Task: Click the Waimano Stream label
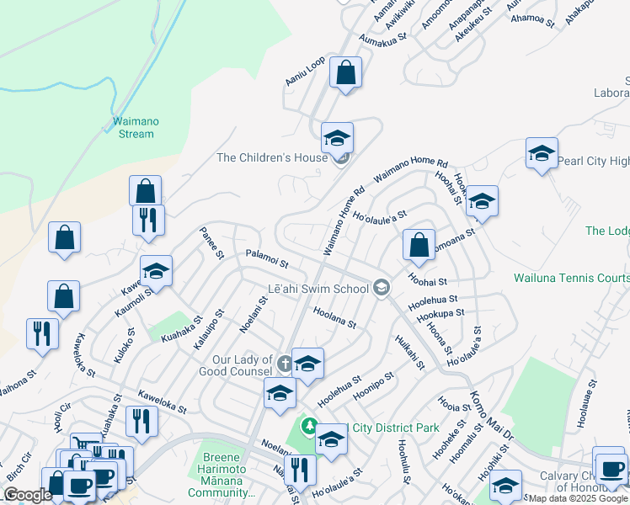tap(136, 127)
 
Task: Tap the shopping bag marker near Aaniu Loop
tap(345, 72)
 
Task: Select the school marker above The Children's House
tap(338, 138)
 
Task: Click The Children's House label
tap(271, 157)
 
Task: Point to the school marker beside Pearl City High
tap(542, 153)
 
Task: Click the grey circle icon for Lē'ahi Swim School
tap(382, 289)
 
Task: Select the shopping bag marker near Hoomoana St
tap(419, 246)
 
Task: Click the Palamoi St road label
tap(267, 258)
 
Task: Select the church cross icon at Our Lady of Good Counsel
tap(285, 364)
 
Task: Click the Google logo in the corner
tap(27, 495)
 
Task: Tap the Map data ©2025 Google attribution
tap(576, 498)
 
